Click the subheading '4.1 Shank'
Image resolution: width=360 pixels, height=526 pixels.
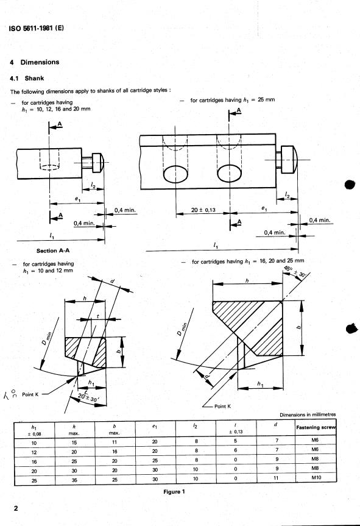29,78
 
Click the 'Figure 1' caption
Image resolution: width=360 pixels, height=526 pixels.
179,492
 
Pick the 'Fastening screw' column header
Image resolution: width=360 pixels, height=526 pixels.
321,426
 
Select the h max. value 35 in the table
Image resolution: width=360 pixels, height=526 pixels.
75,480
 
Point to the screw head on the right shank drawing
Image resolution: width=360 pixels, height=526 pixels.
289,160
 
